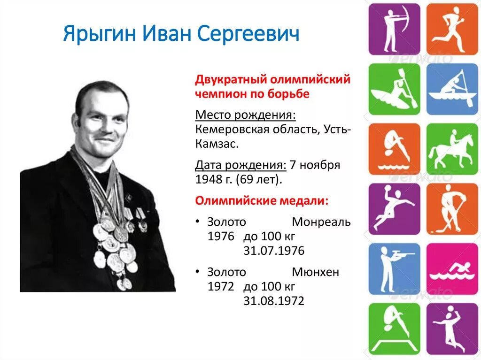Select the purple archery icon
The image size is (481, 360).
click(x=394, y=29)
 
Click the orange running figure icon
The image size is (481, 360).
click(x=452, y=29)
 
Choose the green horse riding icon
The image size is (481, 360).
click(x=452, y=149)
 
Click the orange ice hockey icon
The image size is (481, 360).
click(x=452, y=209)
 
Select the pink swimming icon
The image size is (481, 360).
click(x=452, y=269)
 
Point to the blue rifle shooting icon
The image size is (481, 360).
click(x=394, y=269)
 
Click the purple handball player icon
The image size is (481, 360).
click(x=394, y=209)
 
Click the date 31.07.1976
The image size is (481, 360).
click(x=273, y=251)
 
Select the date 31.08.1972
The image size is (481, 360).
click(x=273, y=301)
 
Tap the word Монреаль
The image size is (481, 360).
click(x=321, y=222)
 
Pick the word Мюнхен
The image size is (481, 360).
click(x=315, y=272)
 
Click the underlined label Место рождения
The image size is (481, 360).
click(x=246, y=115)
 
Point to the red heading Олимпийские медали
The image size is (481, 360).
click(x=262, y=200)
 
